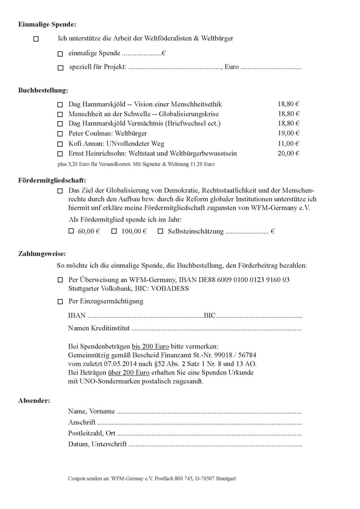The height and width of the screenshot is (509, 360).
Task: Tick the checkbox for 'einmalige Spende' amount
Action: pyautogui.click(x=60, y=54)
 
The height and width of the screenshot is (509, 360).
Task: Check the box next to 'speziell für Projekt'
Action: pyautogui.click(x=60, y=68)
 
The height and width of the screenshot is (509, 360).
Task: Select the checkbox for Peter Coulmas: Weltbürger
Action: pyautogui.click(x=60, y=134)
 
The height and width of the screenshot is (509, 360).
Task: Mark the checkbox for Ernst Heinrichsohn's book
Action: pyautogui.click(x=60, y=154)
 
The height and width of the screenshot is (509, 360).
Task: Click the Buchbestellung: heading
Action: pyautogui.click(x=43, y=90)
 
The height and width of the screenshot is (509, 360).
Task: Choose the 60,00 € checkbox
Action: pyautogui.click(x=70, y=231)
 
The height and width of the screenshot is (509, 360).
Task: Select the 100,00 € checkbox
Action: pyautogui.click(x=114, y=231)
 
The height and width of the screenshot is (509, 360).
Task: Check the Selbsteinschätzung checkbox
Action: pyautogui.click(x=161, y=231)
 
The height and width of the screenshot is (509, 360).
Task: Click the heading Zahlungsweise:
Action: pyautogui.click(x=42, y=253)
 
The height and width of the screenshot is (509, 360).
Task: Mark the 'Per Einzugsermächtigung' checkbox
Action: pyautogui.click(x=60, y=302)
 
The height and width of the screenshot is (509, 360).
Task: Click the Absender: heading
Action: pyautogui.click(x=34, y=400)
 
